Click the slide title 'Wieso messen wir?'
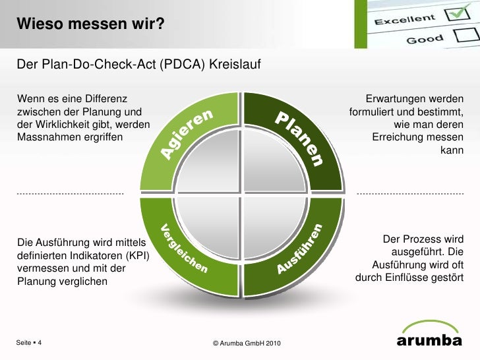point(91,24)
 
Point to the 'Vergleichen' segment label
point(185,249)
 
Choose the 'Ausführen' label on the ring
point(300,249)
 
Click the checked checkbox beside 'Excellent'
point(454,14)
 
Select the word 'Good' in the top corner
point(425,40)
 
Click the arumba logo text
point(429,341)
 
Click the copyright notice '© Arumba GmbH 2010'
point(247,344)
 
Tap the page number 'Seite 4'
point(29,344)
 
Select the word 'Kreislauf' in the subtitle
point(235,65)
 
